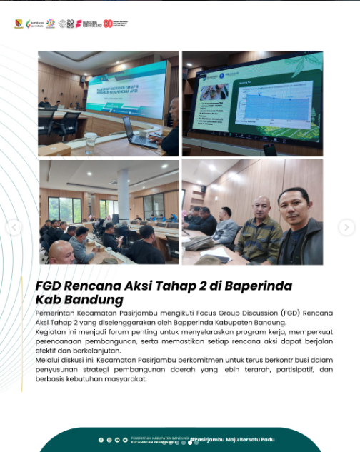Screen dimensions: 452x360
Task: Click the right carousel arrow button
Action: pyautogui.click(x=346, y=228)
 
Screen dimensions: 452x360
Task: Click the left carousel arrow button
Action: pyautogui.click(x=14, y=228)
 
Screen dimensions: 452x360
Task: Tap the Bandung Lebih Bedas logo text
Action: pyautogui.click(x=90, y=24)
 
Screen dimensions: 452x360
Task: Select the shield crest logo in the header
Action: pyautogui.click(x=18, y=24)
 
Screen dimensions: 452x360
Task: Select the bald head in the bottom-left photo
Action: pyautogui.click(x=61, y=249)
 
